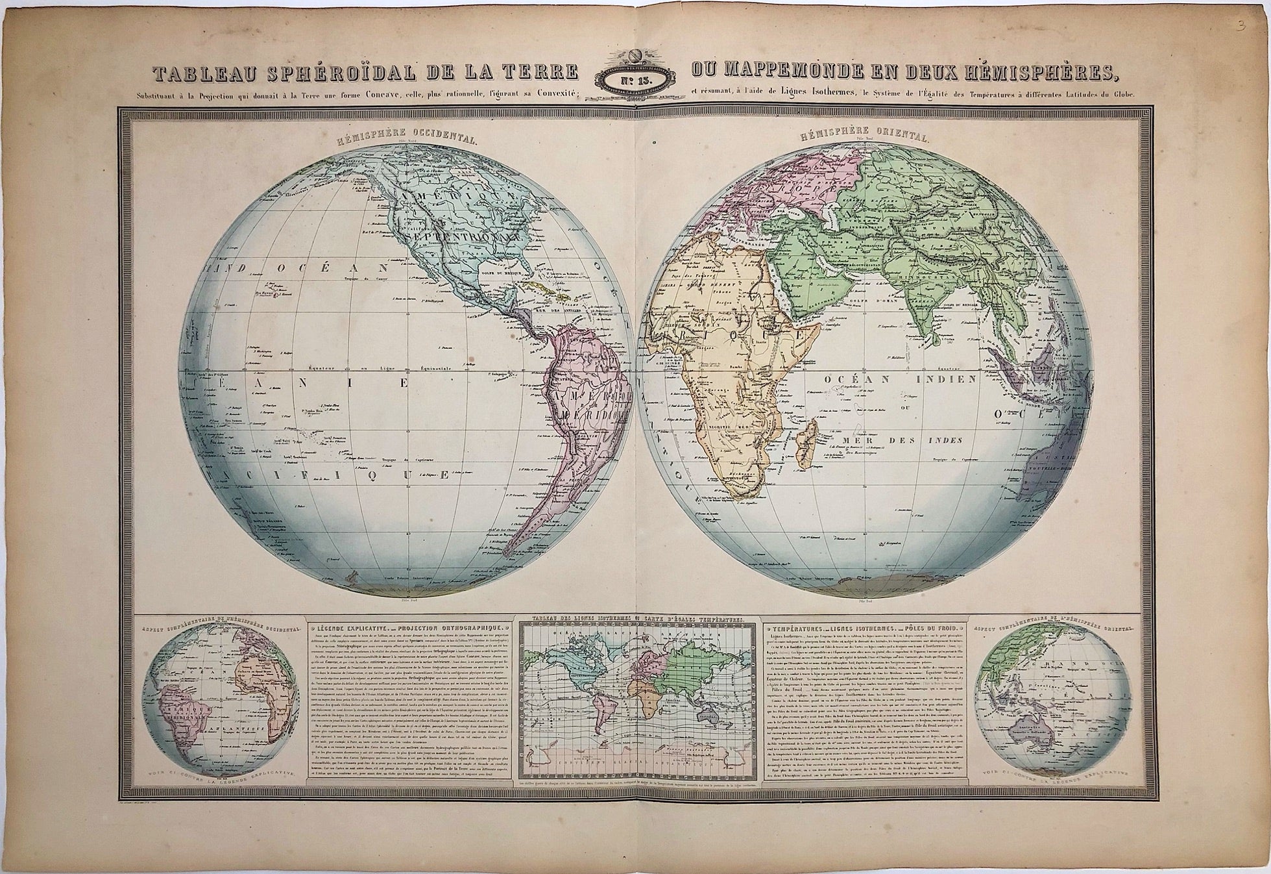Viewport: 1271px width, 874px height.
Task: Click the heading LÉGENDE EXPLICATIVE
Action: [x=351, y=629]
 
